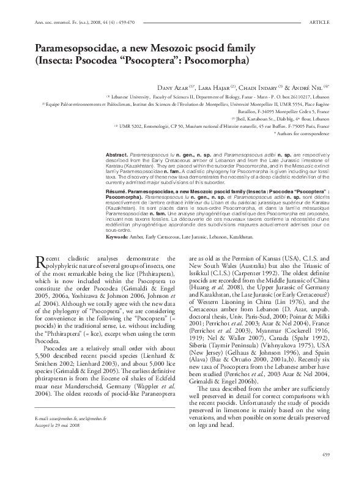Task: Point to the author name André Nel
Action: tap(317, 86)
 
